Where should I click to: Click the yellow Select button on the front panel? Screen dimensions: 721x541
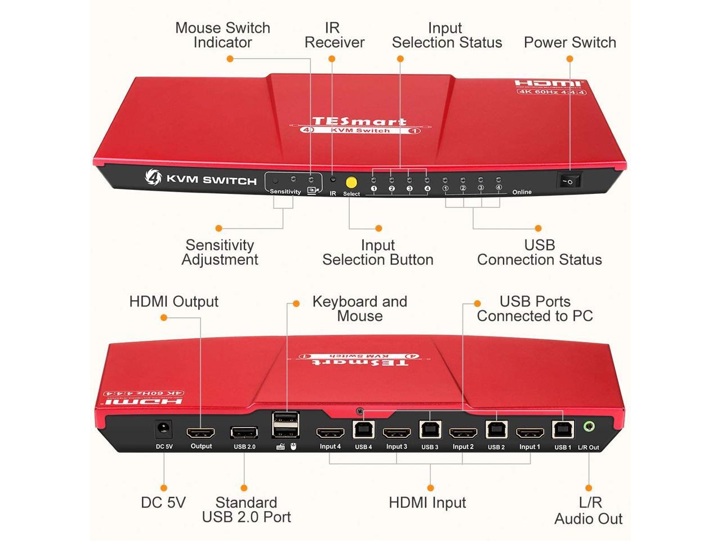pos(351,182)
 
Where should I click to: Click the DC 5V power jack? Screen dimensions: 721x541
pos(163,430)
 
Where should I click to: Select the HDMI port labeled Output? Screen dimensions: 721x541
pos(201,433)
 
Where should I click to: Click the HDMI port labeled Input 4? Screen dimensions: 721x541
pos(330,433)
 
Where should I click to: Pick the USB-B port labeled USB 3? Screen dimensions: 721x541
pos(429,430)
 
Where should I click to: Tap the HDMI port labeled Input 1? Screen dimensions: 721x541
pos(529,433)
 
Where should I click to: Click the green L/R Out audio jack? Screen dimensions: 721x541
pos(589,427)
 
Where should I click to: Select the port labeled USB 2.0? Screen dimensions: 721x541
pos(244,433)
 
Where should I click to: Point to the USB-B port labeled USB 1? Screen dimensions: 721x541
pos(562,430)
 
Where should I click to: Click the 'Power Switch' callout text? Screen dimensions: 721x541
pos(569,42)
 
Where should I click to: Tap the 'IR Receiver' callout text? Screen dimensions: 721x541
pos(335,35)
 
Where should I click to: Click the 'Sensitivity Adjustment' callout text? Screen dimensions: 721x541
pos(220,252)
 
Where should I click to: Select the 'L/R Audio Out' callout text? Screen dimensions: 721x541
pos(589,511)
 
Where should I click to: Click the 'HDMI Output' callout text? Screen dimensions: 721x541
pos(173,301)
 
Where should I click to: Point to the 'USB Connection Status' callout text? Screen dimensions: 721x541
pos(539,252)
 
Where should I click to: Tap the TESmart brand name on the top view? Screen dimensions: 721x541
pos(359,121)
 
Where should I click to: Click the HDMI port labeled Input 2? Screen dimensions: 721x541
pos(462,433)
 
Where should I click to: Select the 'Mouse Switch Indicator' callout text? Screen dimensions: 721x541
pos(222,35)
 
